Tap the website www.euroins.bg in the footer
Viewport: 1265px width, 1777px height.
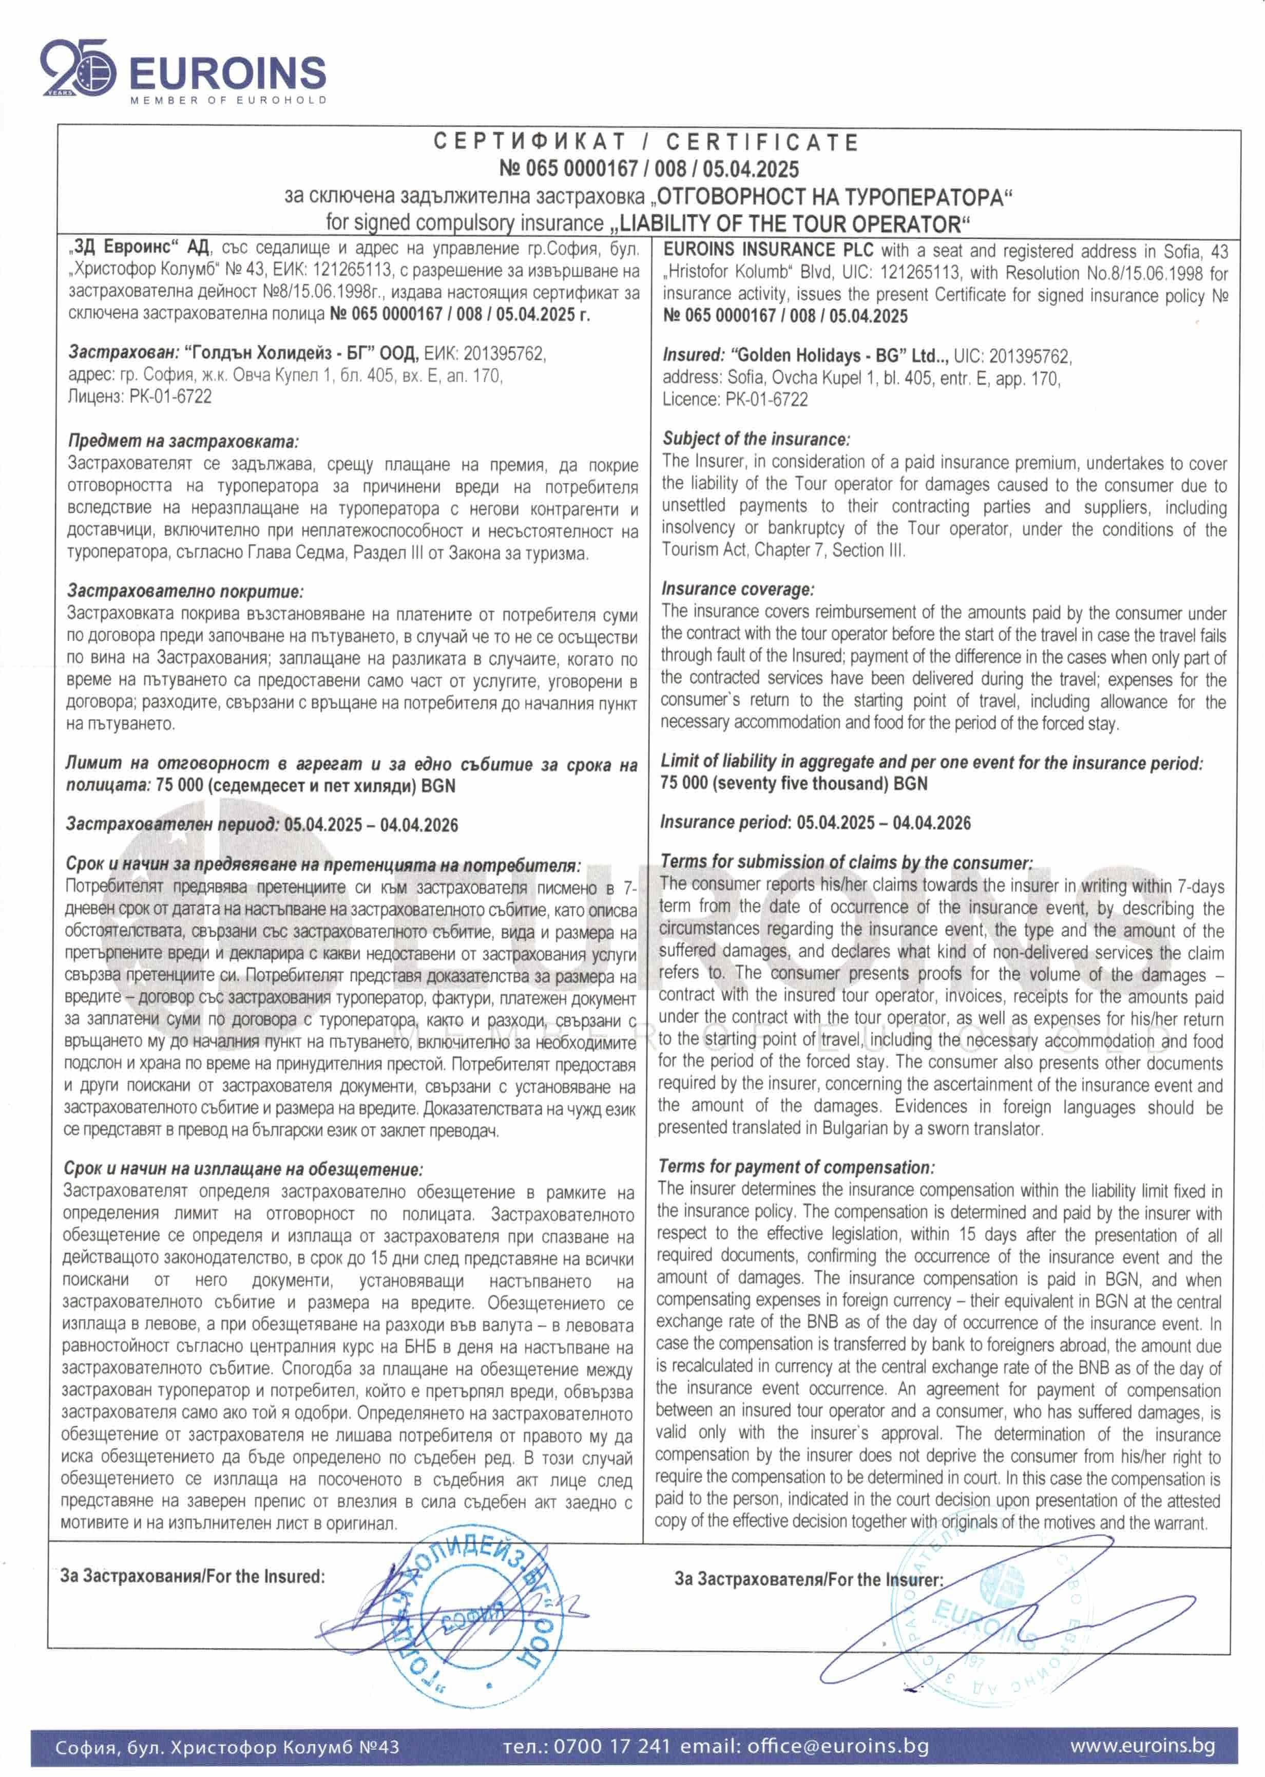1142,1745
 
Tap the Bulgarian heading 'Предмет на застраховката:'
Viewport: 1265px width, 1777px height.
183,441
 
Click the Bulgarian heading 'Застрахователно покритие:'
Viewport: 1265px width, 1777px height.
185,591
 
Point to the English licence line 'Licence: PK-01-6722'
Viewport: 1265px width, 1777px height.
735,400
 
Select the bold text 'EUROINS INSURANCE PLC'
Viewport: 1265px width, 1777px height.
769,251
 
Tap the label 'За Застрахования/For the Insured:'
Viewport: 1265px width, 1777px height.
193,1576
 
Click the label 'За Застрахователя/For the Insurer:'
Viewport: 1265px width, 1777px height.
808,1579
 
